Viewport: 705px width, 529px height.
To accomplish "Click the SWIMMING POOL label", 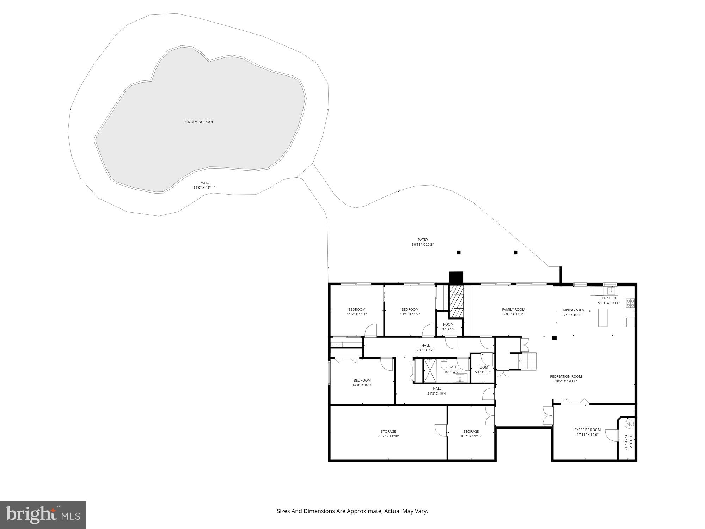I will click(199, 122).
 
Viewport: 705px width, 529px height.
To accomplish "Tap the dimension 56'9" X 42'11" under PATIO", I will click(204, 188).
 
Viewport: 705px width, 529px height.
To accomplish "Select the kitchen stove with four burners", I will click(630, 303).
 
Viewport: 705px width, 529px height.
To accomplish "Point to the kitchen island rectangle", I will click(603, 318).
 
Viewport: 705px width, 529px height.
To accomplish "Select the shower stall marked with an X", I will click(429, 370).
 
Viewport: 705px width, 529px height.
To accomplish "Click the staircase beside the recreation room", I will click(528, 361).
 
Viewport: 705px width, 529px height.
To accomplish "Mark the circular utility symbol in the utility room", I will click(629, 424).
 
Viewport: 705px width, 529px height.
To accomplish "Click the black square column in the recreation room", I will click(554, 338).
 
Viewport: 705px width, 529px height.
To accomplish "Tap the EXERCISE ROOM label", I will click(587, 430).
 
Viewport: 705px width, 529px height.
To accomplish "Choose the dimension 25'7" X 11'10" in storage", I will click(388, 436).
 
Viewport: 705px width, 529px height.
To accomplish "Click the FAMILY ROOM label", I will click(513, 309).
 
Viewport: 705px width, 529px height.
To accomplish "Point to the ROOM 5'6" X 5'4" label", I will click(448, 327).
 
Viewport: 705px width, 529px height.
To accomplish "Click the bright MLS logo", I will click(43, 515).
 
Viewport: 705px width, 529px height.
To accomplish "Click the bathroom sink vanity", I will click(460, 378).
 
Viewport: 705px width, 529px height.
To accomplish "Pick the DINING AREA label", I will click(573, 310).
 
